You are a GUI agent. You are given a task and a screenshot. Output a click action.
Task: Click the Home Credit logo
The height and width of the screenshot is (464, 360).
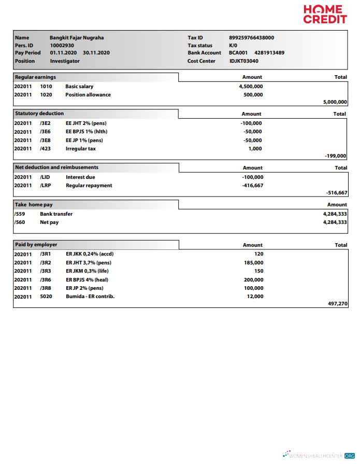(325, 15)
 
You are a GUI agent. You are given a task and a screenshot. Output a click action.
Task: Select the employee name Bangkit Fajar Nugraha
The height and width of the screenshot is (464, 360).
(77, 38)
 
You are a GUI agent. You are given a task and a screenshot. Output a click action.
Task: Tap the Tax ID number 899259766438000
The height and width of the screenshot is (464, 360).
(251, 38)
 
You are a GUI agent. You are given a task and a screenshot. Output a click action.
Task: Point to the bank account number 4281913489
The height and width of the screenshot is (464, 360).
(269, 53)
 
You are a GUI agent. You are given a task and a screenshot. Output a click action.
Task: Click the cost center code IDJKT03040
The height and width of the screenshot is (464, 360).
(243, 61)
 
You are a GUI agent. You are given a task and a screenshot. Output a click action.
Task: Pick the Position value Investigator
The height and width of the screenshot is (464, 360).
(65, 61)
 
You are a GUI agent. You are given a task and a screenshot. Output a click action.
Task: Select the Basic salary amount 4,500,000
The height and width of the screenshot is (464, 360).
(251, 87)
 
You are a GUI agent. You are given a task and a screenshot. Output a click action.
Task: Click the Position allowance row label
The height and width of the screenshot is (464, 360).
(88, 95)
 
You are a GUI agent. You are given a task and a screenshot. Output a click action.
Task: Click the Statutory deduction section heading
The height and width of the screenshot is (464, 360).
(39, 114)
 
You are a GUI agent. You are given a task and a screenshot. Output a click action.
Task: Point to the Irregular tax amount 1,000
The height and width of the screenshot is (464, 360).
(255, 149)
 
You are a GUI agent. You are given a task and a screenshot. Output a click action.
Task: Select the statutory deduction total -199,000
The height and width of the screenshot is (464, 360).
(335, 156)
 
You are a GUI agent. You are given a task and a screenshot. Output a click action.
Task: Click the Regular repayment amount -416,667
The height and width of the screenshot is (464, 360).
(252, 186)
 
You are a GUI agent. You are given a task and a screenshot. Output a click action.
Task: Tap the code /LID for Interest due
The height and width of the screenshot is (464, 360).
(45, 177)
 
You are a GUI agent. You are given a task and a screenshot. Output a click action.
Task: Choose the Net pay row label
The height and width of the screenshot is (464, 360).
(49, 222)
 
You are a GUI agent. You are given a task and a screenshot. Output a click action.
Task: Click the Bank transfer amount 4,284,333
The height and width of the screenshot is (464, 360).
(335, 214)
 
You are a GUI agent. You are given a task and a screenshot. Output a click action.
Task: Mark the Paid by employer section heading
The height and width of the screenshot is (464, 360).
(36, 245)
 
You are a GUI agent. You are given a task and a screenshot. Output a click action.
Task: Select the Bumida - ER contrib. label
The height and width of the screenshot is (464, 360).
(90, 297)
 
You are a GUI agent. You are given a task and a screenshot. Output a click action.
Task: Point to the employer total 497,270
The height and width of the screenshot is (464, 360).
(338, 304)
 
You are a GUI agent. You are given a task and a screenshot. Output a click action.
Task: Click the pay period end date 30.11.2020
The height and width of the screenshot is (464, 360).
(96, 53)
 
